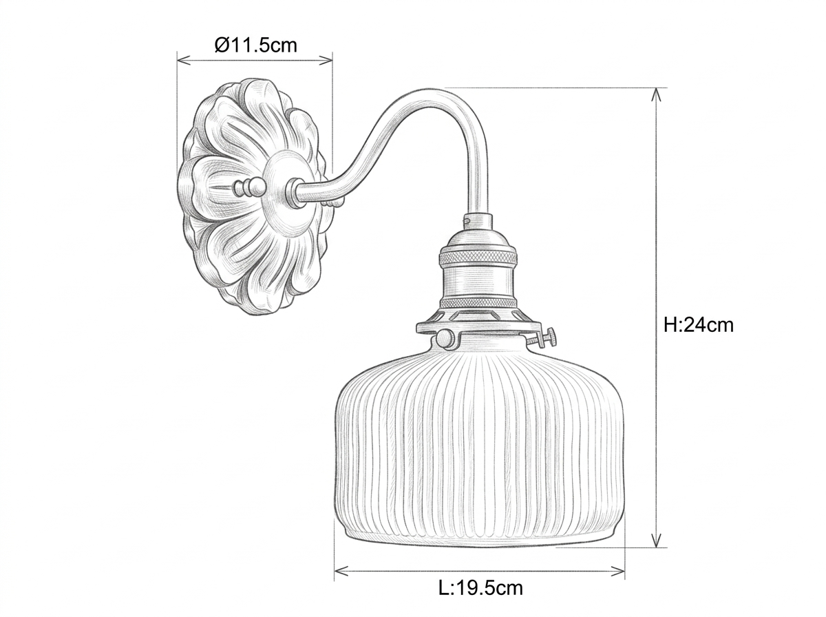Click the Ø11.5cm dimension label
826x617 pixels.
[x=255, y=45]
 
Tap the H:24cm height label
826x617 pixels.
[x=698, y=325]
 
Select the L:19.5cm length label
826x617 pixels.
[x=480, y=588]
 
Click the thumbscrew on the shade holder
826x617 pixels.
[x=544, y=338]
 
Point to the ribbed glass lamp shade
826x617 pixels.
[x=479, y=442]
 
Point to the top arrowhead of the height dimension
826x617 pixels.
[x=656, y=94]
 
